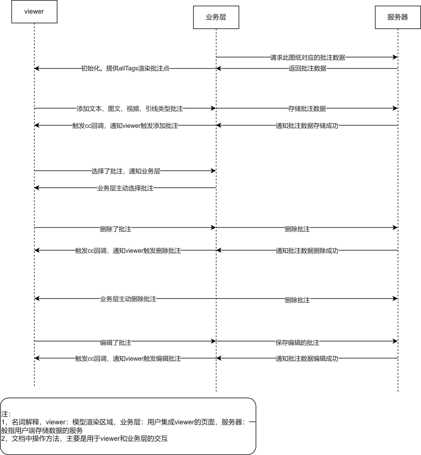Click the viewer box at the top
point(34,12)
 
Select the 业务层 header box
point(216,18)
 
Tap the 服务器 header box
point(398,18)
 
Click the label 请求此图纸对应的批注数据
point(308,57)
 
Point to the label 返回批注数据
point(308,68)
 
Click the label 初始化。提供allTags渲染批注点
point(125,68)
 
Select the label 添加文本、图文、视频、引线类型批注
point(130,108)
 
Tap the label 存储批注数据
point(307,108)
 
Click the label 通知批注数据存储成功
point(307,126)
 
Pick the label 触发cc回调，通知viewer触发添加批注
point(125,126)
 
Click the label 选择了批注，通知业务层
point(126,171)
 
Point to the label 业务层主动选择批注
point(125,188)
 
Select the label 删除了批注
point(115,229)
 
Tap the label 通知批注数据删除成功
point(307,250)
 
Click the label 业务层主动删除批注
point(128,299)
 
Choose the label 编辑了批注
point(115,342)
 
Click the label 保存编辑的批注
point(298,342)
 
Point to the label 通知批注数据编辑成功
point(307,359)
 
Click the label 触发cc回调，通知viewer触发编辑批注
point(128,359)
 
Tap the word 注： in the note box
point(6,414)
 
